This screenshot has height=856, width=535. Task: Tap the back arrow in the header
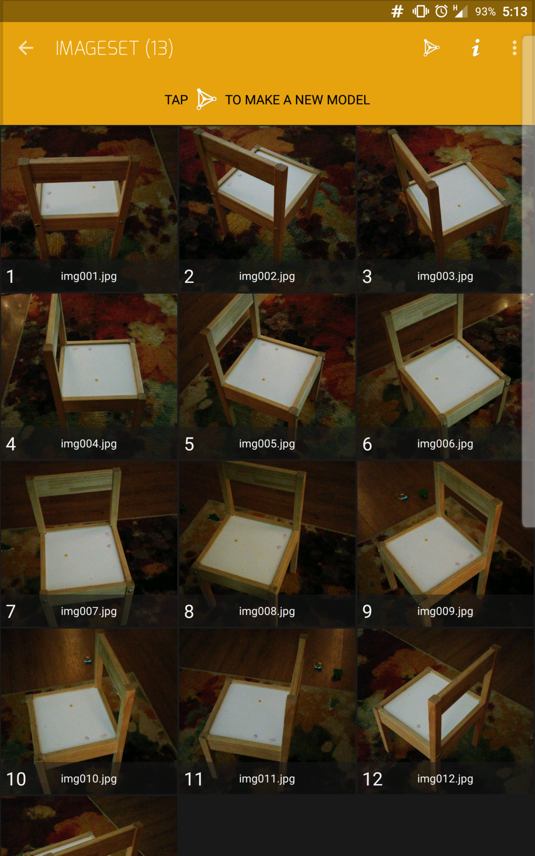[26, 48]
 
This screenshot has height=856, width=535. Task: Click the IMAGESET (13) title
[114, 48]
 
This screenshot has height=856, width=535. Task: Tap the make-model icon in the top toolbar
[431, 48]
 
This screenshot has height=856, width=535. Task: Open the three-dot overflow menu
[515, 48]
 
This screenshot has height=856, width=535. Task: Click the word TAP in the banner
[176, 100]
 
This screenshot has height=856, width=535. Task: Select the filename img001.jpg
[89, 276]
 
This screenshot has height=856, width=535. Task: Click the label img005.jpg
[267, 444]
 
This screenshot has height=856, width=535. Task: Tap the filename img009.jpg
[445, 611]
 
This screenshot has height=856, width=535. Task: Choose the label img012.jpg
[445, 779]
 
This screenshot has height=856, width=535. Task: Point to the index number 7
[11, 611]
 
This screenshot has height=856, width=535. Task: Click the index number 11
[194, 779]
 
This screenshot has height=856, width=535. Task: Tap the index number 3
[367, 276]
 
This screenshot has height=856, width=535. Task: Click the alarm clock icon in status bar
[441, 11]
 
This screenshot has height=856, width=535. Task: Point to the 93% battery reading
[485, 12]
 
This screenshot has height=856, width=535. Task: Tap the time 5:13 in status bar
[515, 12]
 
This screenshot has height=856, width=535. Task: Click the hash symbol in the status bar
[397, 11]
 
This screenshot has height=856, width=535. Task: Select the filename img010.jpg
[89, 779]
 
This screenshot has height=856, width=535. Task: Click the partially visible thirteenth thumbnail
[89, 826]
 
